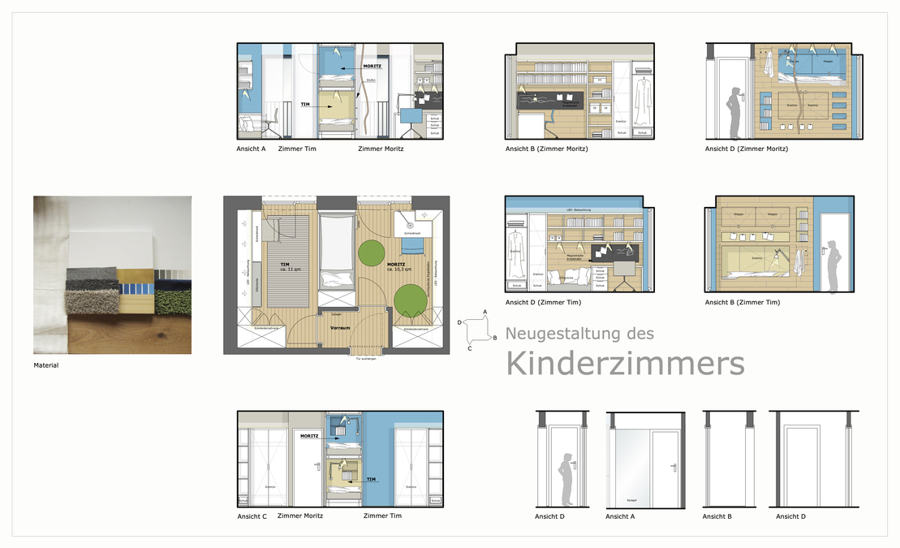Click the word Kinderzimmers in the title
point(625,365)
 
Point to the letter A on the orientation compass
point(484,312)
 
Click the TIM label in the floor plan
point(285,265)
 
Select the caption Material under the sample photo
point(46,365)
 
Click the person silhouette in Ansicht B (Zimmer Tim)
point(833,265)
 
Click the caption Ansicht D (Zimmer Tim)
point(543,303)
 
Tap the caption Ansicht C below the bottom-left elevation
point(252,516)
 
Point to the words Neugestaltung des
point(579,334)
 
